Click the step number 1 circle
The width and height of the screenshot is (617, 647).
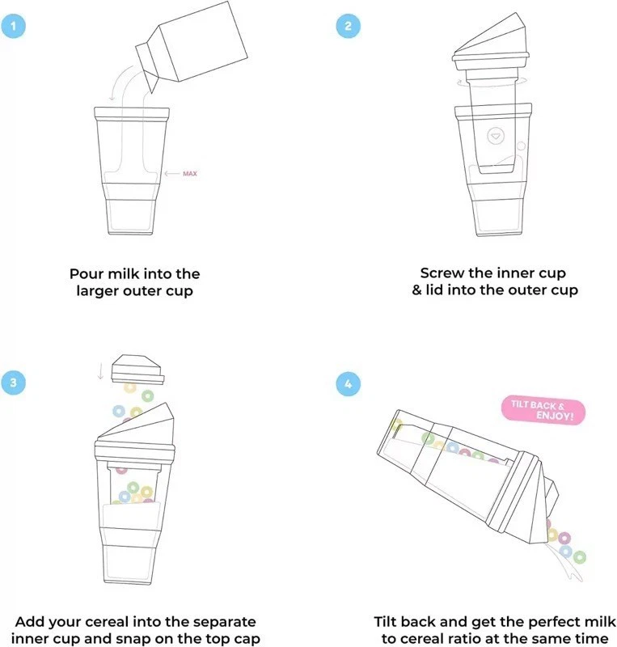click(14, 25)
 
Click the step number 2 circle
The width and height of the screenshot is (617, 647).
click(348, 25)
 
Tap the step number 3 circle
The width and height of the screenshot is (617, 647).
click(14, 383)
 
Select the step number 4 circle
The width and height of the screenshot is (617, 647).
click(348, 383)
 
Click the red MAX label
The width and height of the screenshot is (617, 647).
click(190, 173)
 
